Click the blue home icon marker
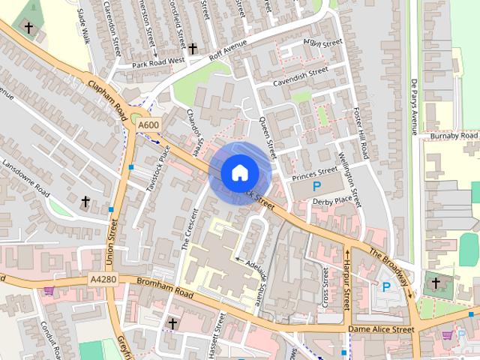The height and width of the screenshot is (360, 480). [238, 172]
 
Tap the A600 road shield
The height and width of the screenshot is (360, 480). [148, 124]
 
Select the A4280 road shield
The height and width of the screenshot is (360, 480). [103, 280]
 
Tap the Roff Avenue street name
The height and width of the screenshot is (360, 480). [229, 49]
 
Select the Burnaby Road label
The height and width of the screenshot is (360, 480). [453, 136]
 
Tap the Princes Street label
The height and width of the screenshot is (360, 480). [316, 177]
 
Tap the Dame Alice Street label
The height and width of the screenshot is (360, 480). [381, 328]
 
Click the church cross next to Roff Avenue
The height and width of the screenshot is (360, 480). [193, 49]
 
